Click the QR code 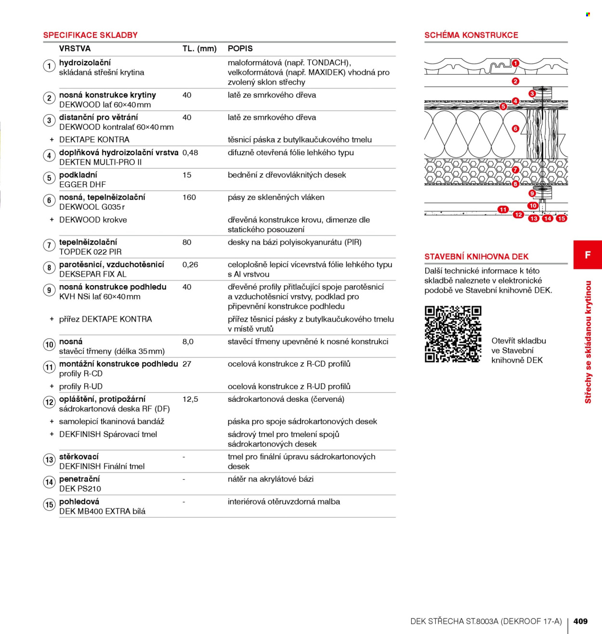[x=453, y=334]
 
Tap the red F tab [x=588, y=255]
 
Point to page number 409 [x=580, y=621]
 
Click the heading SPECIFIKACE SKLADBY [x=90, y=35]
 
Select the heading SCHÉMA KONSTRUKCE [x=471, y=35]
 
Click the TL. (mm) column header [x=199, y=49]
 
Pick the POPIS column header [x=240, y=49]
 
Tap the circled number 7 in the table [x=49, y=245]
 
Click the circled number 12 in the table [x=49, y=402]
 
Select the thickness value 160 [x=189, y=198]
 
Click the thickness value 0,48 [x=190, y=153]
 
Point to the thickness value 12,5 [x=190, y=399]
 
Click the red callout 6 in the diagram [x=515, y=129]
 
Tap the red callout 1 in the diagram [x=515, y=63]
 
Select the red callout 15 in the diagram [x=562, y=218]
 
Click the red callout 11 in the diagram [x=503, y=210]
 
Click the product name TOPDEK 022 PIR [x=90, y=252]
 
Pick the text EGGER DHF [x=82, y=185]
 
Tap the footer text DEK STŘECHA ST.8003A [x=455, y=621]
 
